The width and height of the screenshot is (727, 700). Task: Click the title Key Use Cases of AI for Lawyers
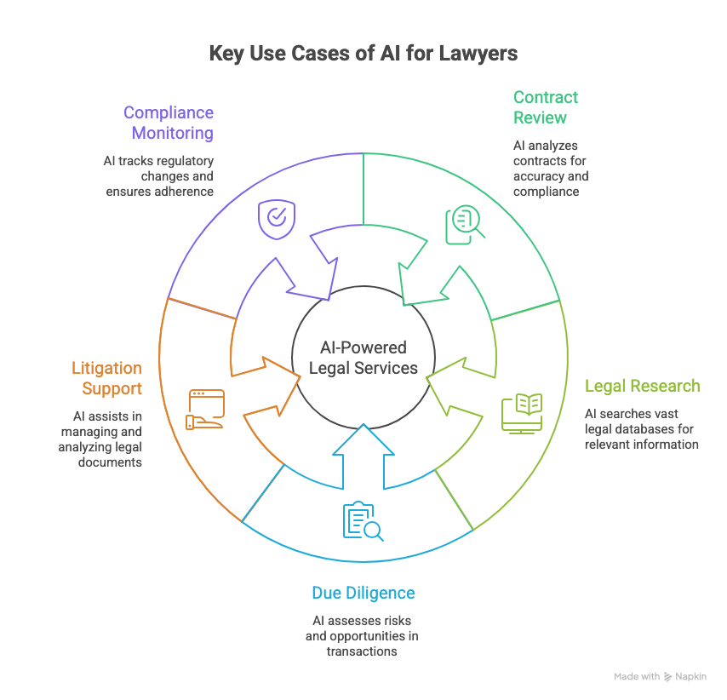363,54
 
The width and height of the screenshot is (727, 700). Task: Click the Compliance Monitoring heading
168,123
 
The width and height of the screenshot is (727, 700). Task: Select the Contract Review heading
546,107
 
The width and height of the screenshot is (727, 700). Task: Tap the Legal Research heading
642,386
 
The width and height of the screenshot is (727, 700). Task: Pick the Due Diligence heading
363,593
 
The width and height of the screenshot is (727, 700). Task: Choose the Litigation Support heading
106,378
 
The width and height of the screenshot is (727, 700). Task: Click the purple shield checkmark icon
276,218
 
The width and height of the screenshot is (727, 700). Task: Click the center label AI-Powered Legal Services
363,358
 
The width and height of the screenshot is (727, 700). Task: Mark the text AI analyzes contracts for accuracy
551,169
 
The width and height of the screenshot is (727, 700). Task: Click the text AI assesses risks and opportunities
362,636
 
